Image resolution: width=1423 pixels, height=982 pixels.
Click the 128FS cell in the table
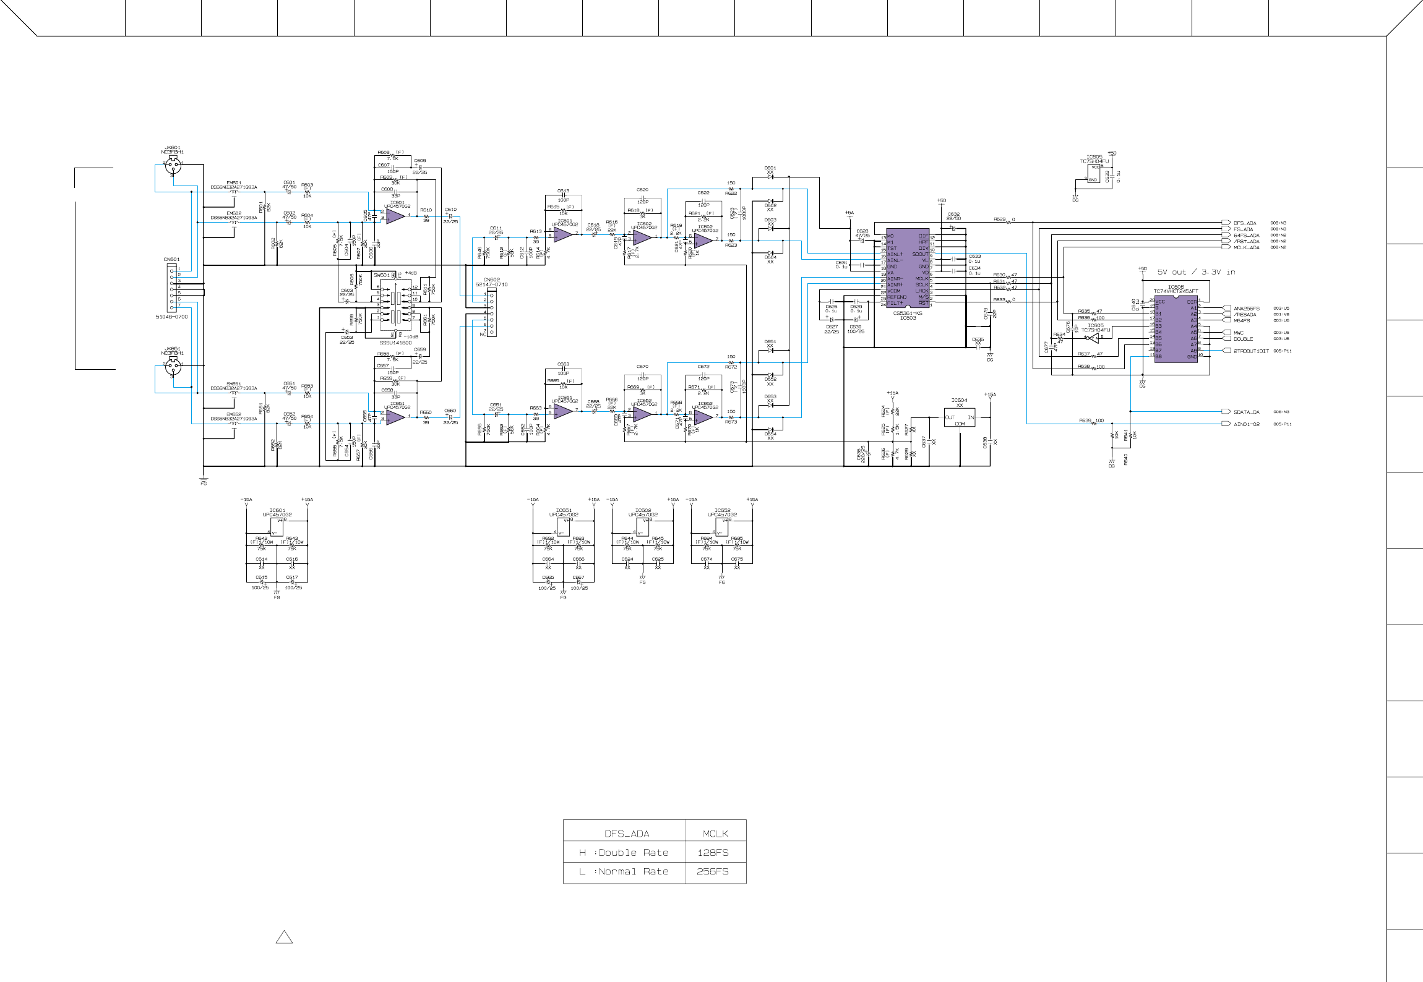[713, 853]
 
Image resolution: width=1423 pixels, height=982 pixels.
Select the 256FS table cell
[713, 872]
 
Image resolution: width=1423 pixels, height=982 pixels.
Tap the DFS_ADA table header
[626, 834]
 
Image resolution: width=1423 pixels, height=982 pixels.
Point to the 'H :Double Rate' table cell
[624, 853]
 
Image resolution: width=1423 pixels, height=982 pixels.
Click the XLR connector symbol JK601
[173, 165]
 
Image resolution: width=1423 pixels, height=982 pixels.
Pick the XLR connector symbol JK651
[173, 366]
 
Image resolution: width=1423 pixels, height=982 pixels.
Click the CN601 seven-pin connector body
[172, 288]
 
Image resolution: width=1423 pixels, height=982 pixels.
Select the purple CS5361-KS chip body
[908, 269]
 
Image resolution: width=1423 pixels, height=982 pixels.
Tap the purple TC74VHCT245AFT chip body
[1176, 328]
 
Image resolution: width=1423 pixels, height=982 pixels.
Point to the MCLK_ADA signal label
[1246, 247]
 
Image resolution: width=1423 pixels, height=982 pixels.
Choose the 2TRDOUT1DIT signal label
[1250, 351]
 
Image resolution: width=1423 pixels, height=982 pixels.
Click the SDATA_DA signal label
[1246, 412]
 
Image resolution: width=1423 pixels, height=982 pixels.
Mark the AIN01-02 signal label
[1246, 424]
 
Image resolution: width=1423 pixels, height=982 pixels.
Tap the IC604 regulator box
[959, 417]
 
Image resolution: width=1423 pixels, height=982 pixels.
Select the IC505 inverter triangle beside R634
[1094, 338]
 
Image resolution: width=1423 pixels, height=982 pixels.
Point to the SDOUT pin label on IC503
[920, 254]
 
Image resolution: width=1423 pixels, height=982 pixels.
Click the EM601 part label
[233, 183]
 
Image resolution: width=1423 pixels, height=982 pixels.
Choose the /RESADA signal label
[1245, 315]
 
